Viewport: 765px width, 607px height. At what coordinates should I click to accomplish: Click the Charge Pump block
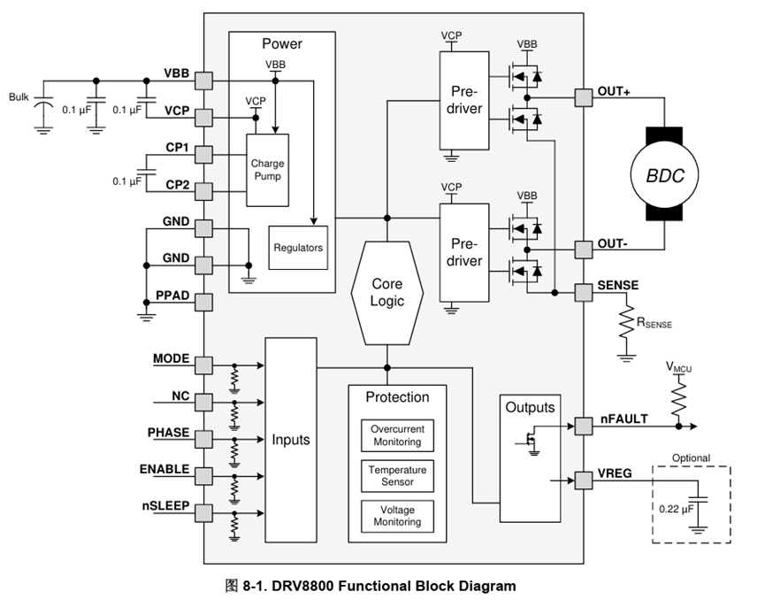tap(268, 170)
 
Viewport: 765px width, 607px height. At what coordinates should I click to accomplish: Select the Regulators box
tap(298, 248)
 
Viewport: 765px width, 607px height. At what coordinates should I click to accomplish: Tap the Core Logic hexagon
tap(386, 293)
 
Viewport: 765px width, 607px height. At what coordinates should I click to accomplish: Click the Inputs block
tap(291, 439)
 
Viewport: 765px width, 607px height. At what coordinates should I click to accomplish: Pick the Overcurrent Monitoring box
tap(397, 434)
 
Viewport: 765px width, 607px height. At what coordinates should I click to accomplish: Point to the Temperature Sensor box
tap(397, 475)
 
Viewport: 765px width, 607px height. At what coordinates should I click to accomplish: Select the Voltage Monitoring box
tap(397, 515)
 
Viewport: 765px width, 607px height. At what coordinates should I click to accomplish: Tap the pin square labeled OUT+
tap(583, 96)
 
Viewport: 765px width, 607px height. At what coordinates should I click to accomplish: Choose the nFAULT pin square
tap(583, 426)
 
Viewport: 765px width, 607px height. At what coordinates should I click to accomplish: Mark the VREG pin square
tap(583, 480)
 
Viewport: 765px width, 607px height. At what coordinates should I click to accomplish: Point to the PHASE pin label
tap(168, 433)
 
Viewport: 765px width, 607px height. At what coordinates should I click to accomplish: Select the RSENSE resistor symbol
tap(626, 322)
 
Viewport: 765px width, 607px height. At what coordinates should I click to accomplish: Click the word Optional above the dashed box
tap(691, 457)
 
